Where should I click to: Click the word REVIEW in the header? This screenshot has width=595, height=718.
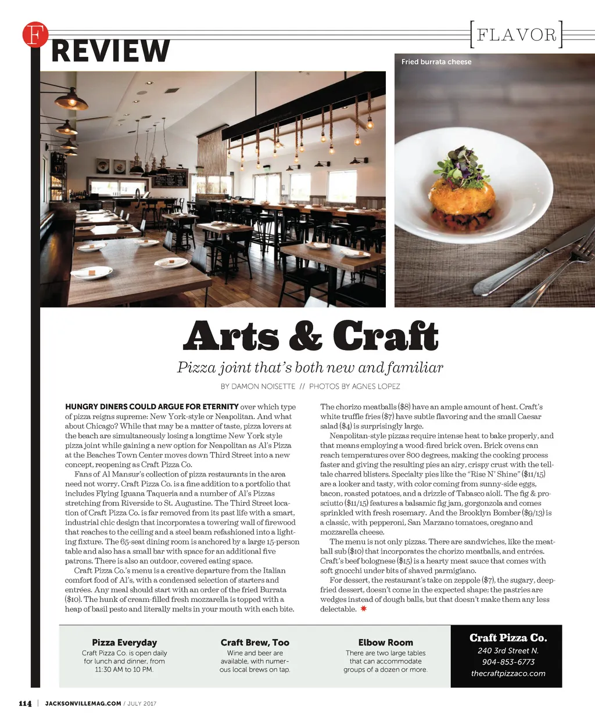click(110, 51)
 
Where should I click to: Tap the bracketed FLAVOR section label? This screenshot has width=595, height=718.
click(516, 35)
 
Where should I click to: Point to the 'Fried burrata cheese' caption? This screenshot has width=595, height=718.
click(436, 62)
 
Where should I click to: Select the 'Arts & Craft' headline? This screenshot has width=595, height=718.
click(310, 336)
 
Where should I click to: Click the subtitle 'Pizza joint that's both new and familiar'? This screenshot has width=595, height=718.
click(310, 367)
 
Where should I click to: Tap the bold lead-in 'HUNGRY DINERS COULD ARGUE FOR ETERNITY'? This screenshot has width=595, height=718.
click(152, 407)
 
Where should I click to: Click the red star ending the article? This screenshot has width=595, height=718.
click(364, 609)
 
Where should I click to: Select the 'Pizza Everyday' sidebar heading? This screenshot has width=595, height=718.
click(124, 643)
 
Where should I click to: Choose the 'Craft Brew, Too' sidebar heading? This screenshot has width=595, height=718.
click(255, 643)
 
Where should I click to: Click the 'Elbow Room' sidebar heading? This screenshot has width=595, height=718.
click(385, 643)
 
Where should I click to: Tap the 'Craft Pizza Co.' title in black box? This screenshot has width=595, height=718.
click(508, 638)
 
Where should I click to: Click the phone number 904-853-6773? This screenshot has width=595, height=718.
click(508, 662)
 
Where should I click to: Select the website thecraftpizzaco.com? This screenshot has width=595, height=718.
click(508, 674)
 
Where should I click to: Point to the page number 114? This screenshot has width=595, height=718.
click(25, 704)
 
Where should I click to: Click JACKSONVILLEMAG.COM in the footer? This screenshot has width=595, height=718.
click(83, 704)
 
